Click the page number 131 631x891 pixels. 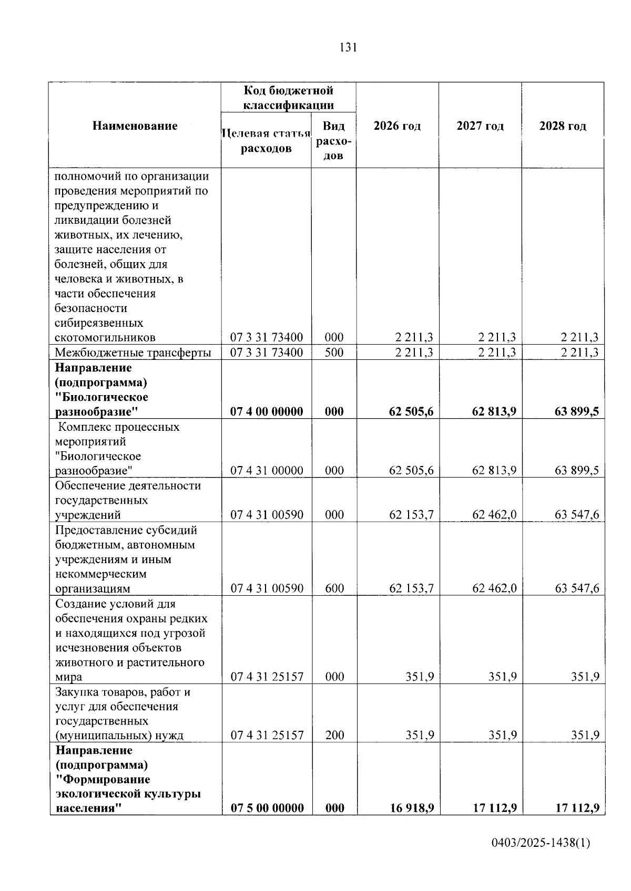(x=348, y=48)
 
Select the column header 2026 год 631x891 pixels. (x=397, y=126)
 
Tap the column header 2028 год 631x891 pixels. (x=563, y=126)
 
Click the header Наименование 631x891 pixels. (x=135, y=126)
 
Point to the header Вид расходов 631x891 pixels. (x=333, y=141)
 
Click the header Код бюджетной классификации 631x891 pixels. (x=288, y=98)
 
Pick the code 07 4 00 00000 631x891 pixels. (x=267, y=411)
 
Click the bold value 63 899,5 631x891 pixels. (x=576, y=411)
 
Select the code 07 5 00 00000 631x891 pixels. (x=267, y=808)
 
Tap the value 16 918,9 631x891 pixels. (x=412, y=808)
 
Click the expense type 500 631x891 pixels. (x=334, y=353)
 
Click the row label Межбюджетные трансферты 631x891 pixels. (x=133, y=353)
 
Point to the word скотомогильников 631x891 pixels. (x=105, y=337)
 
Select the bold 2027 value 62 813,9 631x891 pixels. (x=494, y=411)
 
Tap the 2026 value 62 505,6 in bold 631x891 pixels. (x=411, y=411)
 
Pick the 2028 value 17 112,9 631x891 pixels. (x=577, y=808)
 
